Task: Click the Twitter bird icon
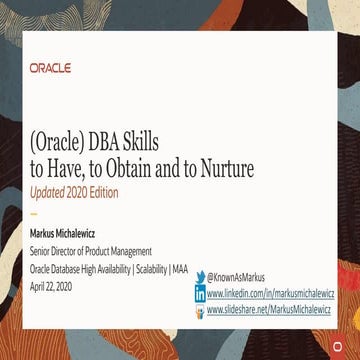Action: (200, 277)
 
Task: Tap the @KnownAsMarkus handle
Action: (236, 277)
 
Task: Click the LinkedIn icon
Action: (200, 294)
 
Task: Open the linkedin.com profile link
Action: (267, 294)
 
